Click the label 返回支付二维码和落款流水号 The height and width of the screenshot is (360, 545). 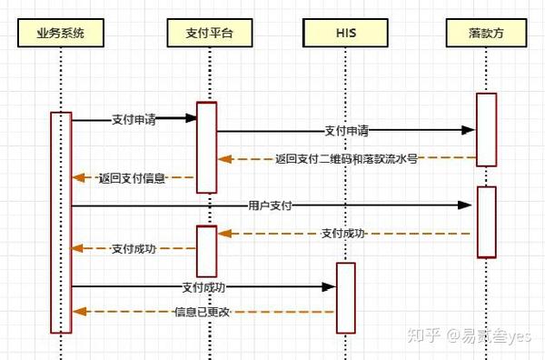[346, 158]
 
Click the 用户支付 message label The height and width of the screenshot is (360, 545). [269, 206]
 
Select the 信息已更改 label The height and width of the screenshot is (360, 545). [202, 312]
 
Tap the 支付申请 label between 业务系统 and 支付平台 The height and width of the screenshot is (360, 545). [134, 118]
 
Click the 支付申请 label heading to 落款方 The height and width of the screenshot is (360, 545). [345, 131]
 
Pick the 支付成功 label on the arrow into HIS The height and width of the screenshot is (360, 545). [203, 287]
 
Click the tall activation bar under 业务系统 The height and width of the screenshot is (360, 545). [61, 222]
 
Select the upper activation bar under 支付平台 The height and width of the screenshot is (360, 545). [206, 147]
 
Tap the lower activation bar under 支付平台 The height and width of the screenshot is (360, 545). [206, 251]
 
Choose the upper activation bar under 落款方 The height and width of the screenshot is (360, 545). [487, 129]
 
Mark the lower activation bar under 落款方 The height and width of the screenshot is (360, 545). [487, 222]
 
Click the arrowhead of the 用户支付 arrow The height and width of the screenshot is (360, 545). [466, 206]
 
